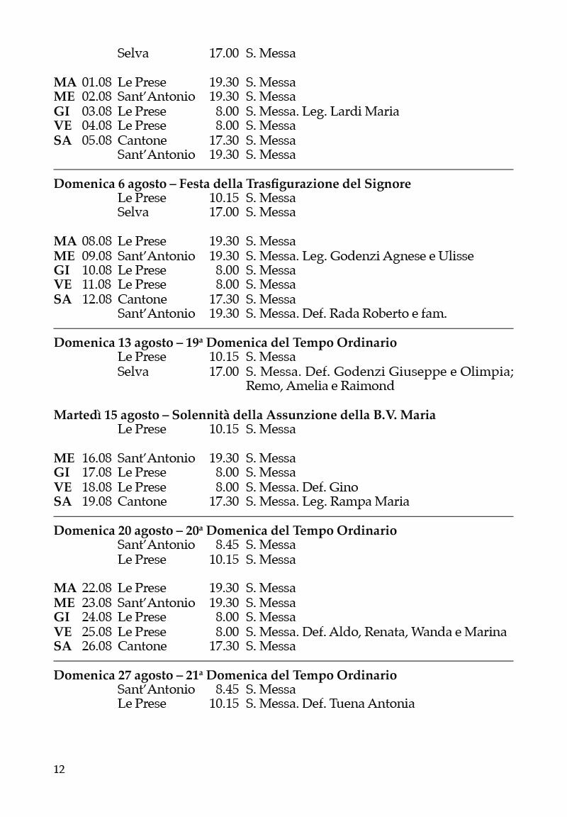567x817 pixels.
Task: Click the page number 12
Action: tap(60, 769)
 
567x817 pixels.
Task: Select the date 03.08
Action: tap(96, 111)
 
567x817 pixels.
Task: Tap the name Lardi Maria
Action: tap(364, 111)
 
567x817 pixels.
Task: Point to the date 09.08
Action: tap(96, 256)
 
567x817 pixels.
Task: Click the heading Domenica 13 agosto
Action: tap(113, 343)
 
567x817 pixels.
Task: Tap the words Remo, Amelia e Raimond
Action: tap(320, 386)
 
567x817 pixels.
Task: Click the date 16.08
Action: tap(96, 458)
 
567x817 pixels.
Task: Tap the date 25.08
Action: tap(96, 632)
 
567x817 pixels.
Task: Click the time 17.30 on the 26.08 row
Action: tap(224, 646)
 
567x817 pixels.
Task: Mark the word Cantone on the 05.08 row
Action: tap(142, 140)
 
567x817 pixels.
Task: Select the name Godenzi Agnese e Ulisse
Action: tap(402, 256)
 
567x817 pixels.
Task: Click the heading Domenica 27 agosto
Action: tap(113, 675)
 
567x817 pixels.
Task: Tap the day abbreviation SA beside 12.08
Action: tap(63, 299)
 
